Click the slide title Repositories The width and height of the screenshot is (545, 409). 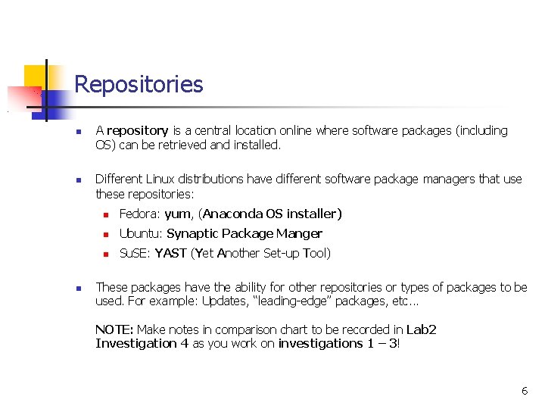(x=139, y=84)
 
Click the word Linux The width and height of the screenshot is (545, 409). (x=163, y=180)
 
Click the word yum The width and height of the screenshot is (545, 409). (x=178, y=214)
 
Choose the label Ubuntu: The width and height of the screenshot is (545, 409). (x=141, y=234)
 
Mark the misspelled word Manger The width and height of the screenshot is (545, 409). (x=299, y=234)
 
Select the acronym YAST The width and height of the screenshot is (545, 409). (x=170, y=254)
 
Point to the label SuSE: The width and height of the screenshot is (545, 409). (x=135, y=254)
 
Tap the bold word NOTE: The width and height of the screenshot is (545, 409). (x=114, y=330)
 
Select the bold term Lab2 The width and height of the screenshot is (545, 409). (x=422, y=330)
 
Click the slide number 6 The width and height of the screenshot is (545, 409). (x=525, y=391)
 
